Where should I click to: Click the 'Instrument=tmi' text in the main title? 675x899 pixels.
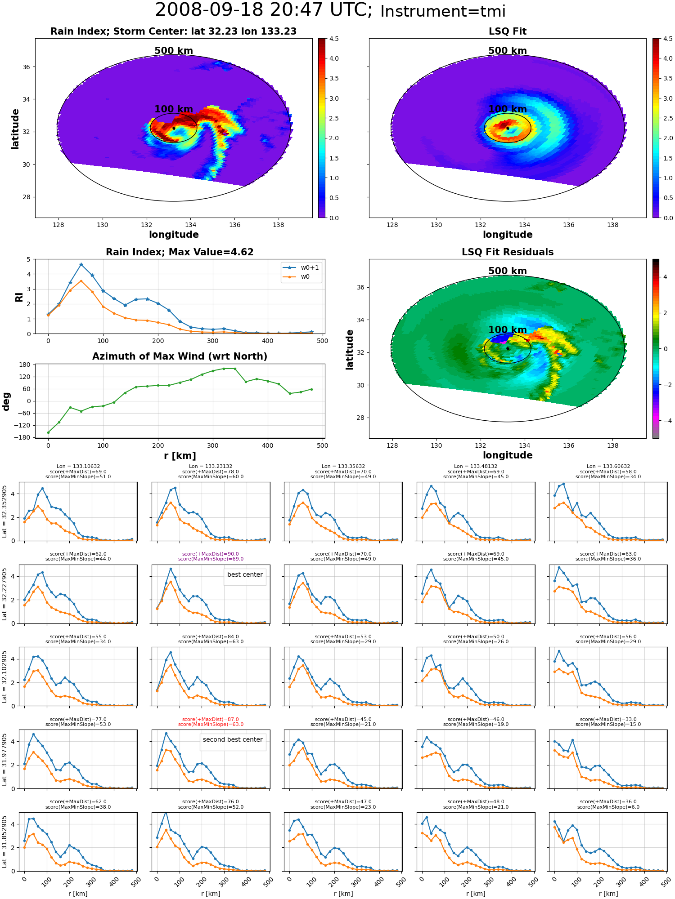tap(443, 11)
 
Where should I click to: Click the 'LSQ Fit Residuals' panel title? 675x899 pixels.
tap(508, 252)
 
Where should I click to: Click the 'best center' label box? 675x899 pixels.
tap(245, 574)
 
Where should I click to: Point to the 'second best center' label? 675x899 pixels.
tap(233, 739)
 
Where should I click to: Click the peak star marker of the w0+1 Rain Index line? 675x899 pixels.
tap(81, 265)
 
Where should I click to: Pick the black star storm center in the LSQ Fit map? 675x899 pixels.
tap(508, 128)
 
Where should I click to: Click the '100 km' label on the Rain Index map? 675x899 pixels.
tap(174, 109)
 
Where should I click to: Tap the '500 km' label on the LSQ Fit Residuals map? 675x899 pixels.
tap(508, 271)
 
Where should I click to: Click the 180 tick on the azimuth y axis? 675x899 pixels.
tap(25, 365)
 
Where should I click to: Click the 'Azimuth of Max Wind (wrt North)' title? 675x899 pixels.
tap(180, 356)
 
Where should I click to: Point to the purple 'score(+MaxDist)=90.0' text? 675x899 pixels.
tap(211, 554)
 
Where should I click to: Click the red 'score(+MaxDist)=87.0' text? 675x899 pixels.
tap(211, 719)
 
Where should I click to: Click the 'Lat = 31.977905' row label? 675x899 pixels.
tap(4, 760)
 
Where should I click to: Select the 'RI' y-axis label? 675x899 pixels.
tap(19, 297)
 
